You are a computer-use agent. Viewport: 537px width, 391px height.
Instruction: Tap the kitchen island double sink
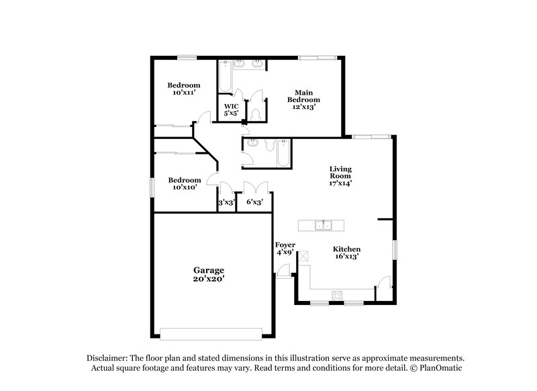[x=324, y=225]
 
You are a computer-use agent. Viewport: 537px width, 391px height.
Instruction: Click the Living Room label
[x=340, y=176]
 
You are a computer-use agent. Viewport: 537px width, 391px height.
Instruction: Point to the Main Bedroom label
[x=303, y=99]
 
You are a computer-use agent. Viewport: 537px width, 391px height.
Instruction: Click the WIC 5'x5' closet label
[x=231, y=110]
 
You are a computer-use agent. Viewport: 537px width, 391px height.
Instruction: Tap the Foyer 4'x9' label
[x=285, y=249]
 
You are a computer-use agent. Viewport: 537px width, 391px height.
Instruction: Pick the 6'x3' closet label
[x=254, y=202]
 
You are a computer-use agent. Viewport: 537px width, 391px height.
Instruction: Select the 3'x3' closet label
[x=226, y=202]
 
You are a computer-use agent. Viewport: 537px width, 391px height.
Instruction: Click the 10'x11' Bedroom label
[x=183, y=89]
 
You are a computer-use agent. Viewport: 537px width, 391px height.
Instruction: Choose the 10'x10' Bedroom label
[x=184, y=183]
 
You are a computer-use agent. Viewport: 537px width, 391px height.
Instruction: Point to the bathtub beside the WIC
[x=225, y=78]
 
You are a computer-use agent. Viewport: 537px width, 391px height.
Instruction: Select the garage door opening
[x=211, y=333]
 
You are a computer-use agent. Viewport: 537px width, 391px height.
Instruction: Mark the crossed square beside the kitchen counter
[x=303, y=255]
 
